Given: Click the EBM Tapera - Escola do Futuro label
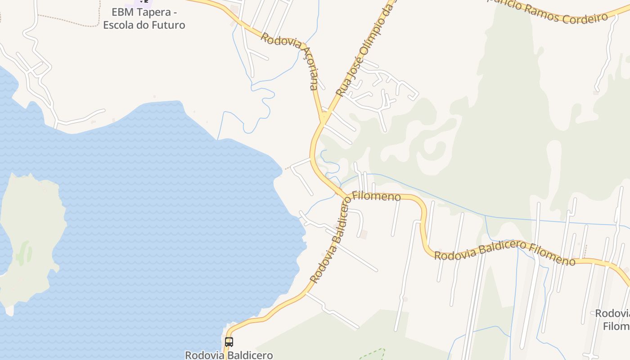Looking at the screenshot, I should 144,18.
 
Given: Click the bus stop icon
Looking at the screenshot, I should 229,342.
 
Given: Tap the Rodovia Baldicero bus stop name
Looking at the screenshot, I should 229,355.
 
